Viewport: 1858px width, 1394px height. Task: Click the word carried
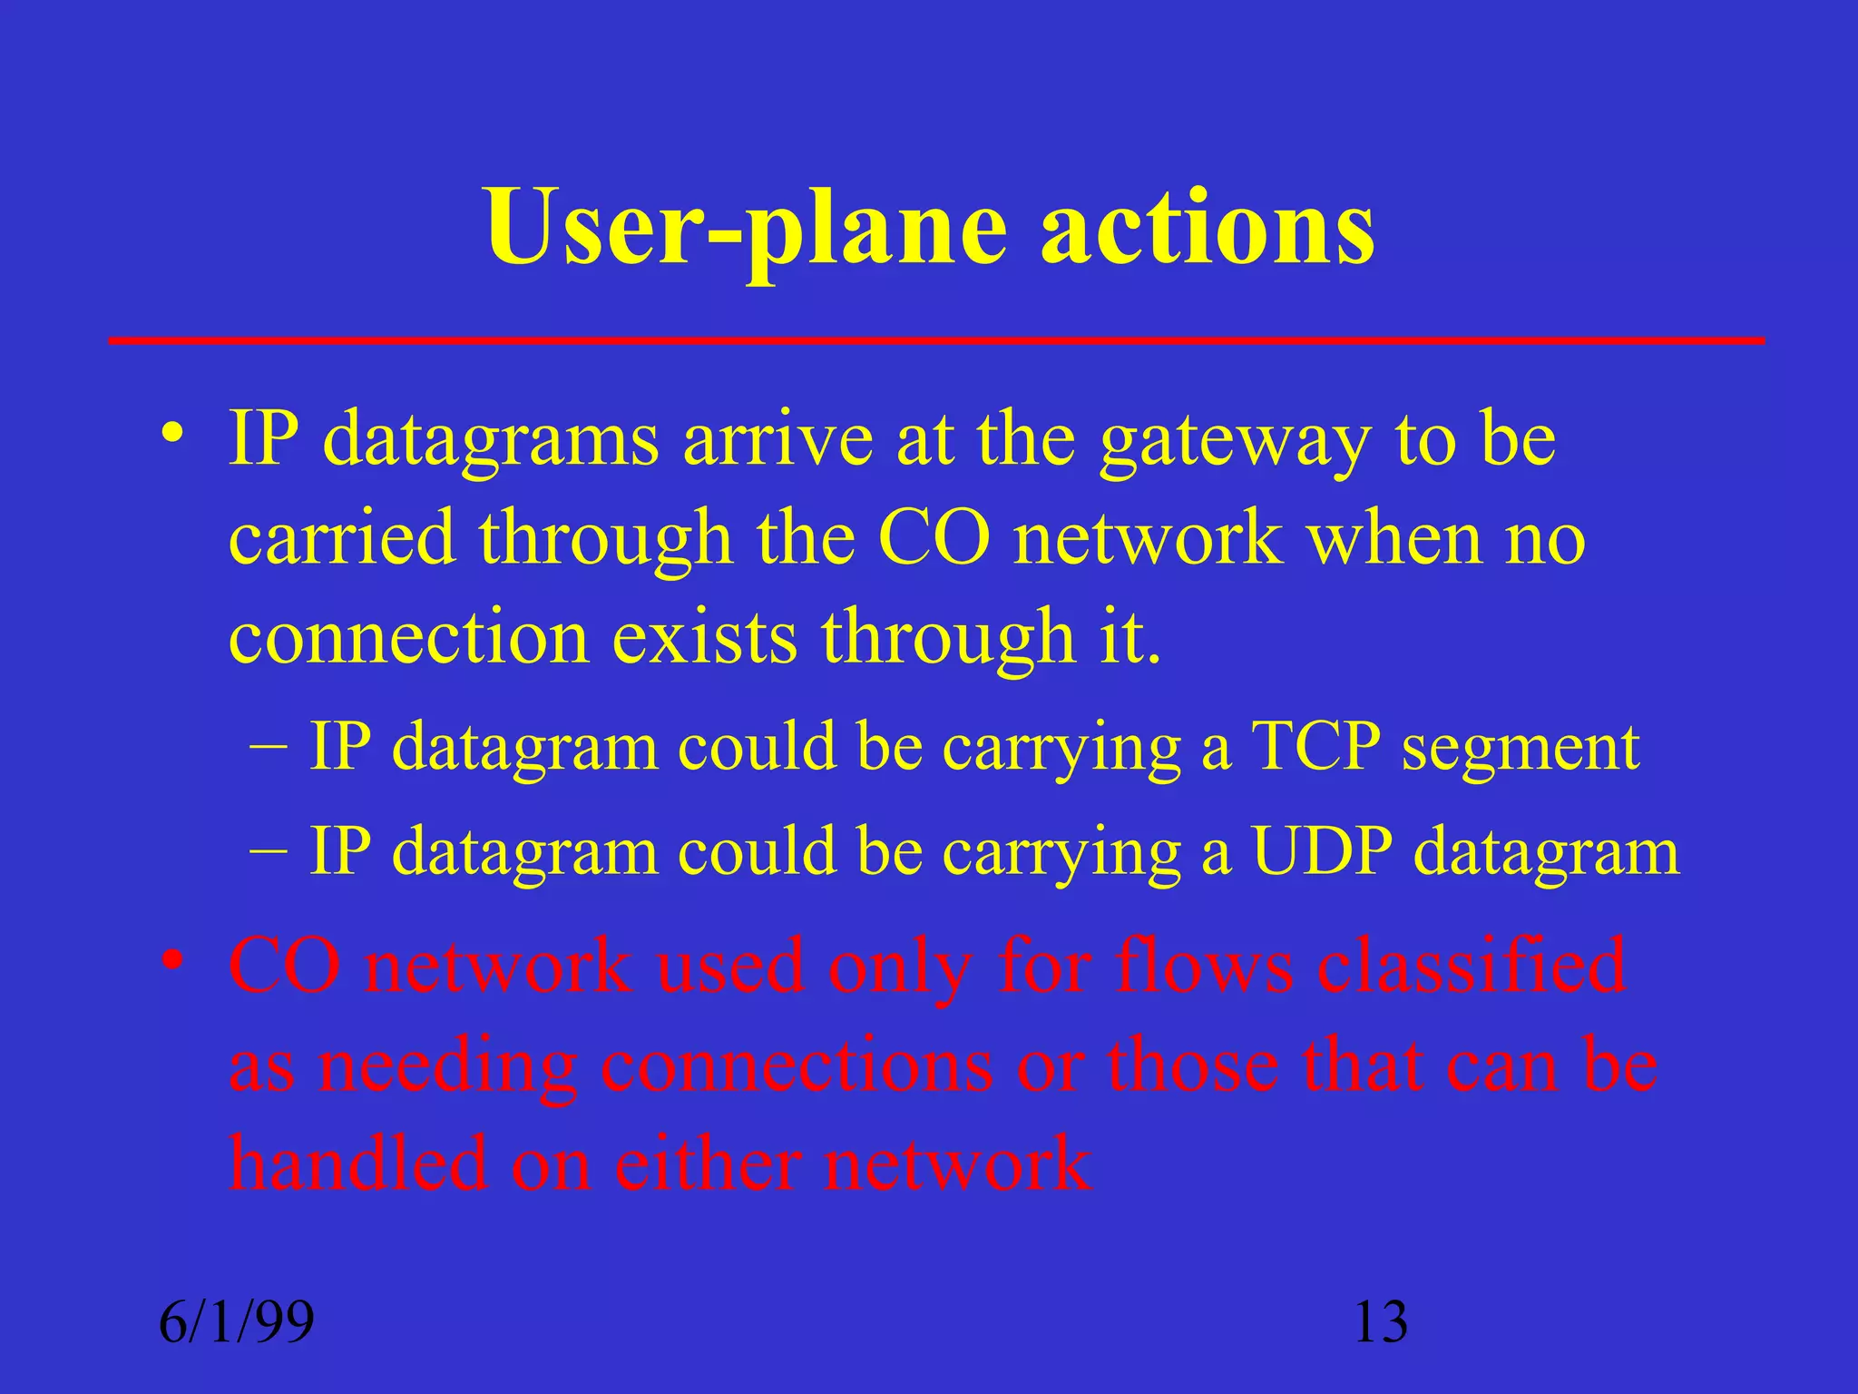pos(341,537)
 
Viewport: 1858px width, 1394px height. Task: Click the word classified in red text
pos(1471,967)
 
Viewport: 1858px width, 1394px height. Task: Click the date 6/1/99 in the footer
pos(237,1321)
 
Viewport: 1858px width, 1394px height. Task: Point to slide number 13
pos(1380,1321)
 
